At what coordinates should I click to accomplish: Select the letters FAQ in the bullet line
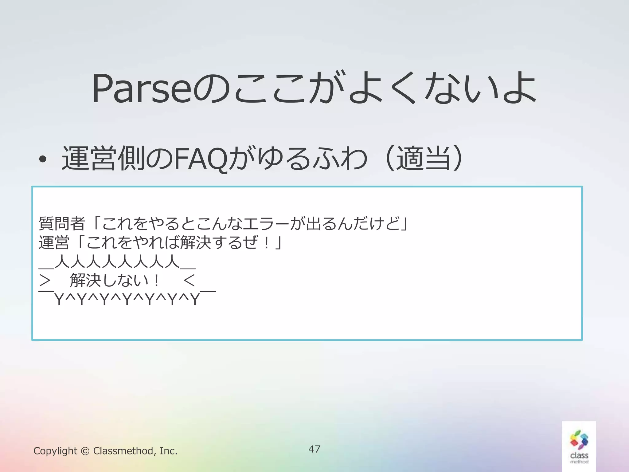[x=201, y=159]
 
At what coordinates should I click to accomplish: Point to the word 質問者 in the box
[x=62, y=223]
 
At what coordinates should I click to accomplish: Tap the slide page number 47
[x=314, y=449]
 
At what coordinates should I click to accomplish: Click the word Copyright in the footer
[x=55, y=451]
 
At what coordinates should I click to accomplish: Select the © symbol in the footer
[x=85, y=451]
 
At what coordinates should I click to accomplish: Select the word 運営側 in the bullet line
[x=103, y=159]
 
